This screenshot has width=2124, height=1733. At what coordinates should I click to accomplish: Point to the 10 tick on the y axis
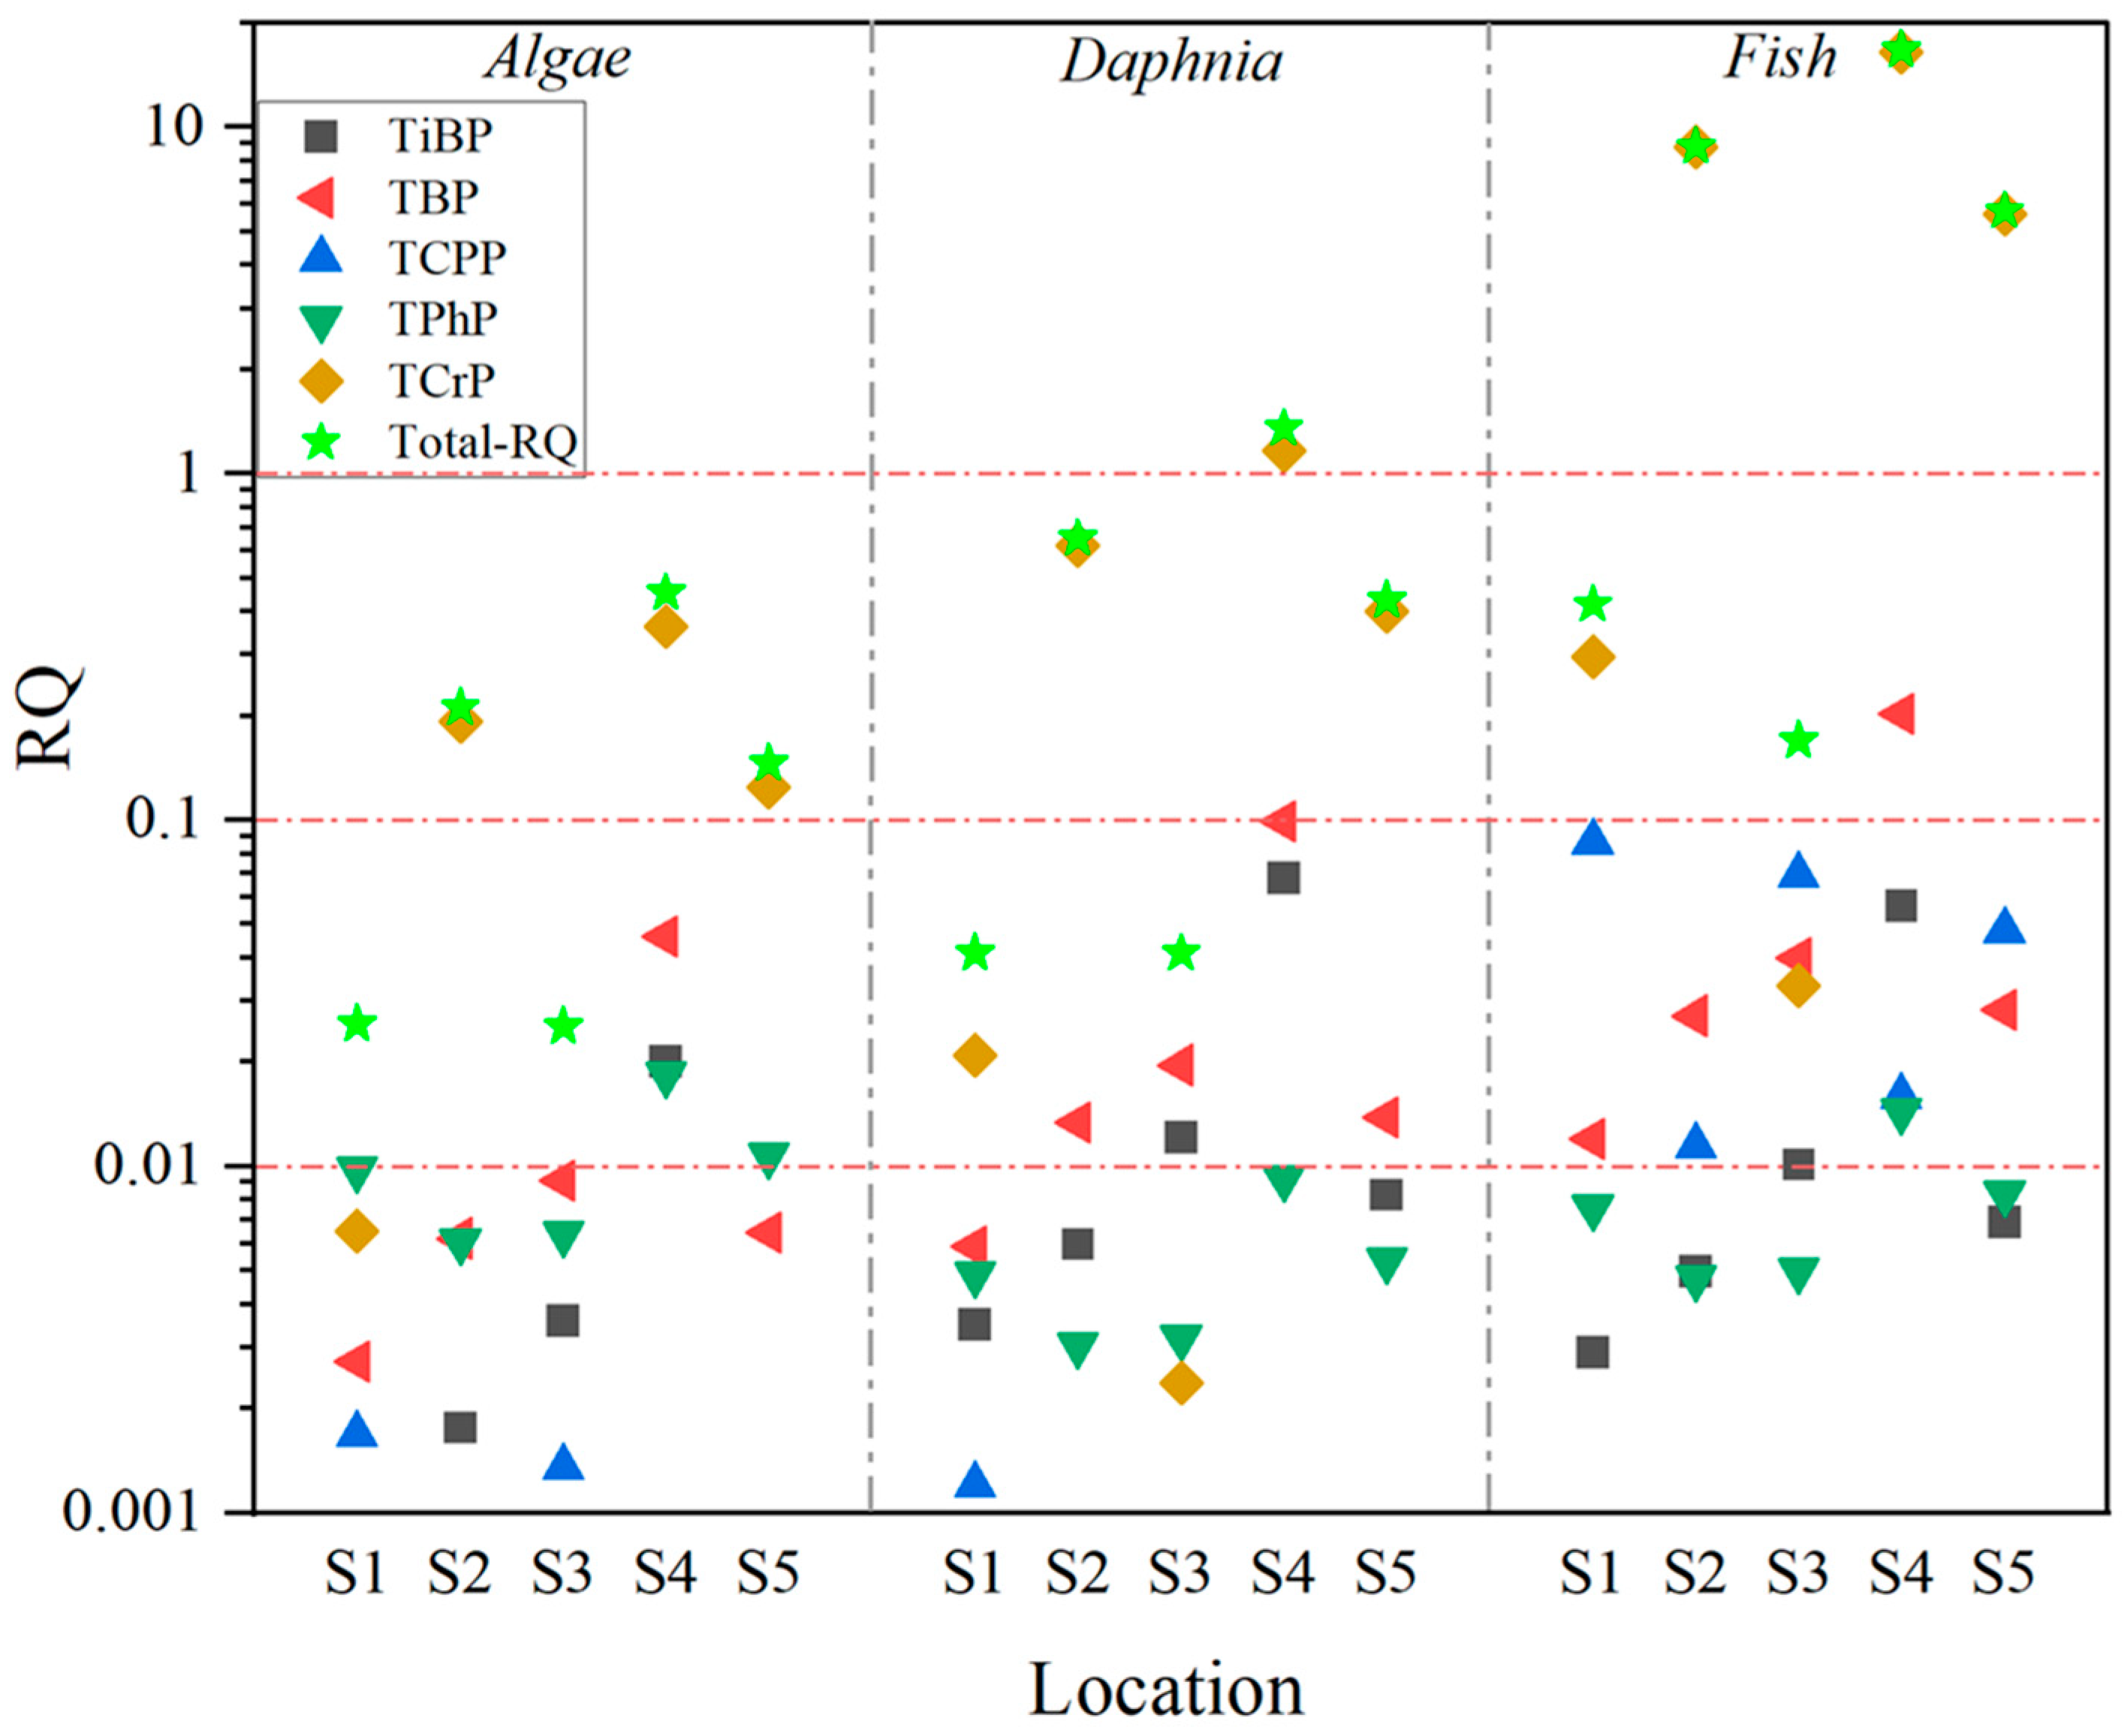tap(190, 127)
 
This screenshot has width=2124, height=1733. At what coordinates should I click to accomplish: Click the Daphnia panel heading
tap(1170, 62)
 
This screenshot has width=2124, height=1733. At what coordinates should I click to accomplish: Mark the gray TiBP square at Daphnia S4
tap(1283, 878)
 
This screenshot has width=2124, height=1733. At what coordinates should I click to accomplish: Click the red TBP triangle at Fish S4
tap(1897, 715)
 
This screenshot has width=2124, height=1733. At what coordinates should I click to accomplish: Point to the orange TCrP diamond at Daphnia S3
tap(1181, 1383)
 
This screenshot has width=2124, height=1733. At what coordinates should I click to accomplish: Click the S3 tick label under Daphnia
tap(1179, 1575)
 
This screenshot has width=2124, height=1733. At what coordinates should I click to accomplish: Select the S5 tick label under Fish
tap(2002, 1575)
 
